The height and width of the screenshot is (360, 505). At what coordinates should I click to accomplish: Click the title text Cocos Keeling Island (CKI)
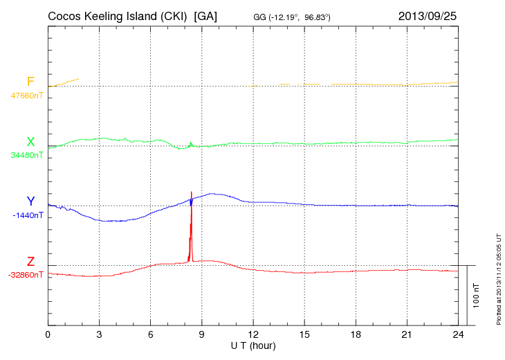click(118, 15)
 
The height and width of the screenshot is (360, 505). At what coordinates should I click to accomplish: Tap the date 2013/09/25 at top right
click(428, 15)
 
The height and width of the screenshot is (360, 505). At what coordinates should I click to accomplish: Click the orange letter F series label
click(30, 82)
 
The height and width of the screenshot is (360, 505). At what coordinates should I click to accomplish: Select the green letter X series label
click(30, 142)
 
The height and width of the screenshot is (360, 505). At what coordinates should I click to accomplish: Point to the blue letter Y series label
click(30, 201)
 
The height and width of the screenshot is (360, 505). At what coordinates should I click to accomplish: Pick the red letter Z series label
click(30, 262)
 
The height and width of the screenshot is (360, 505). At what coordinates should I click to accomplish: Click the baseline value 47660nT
click(26, 96)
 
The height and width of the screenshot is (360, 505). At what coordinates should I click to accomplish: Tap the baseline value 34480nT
click(26, 155)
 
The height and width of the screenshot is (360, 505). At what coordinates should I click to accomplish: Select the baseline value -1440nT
click(28, 215)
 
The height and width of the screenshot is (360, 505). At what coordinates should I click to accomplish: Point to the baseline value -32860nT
click(26, 275)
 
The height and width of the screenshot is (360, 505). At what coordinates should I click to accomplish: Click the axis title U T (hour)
click(253, 345)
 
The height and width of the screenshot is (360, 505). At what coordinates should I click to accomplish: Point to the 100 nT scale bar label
click(477, 296)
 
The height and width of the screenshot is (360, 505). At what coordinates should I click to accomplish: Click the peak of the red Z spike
click(191, 192)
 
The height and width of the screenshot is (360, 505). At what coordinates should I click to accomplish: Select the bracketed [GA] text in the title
click(206, 15)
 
